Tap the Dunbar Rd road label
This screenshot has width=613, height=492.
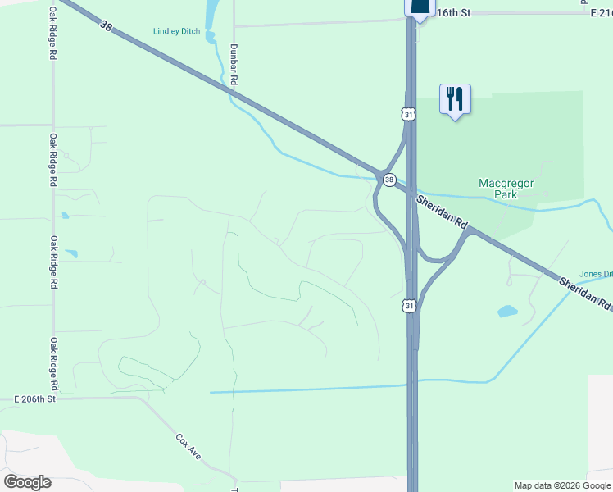(x=235, y=65)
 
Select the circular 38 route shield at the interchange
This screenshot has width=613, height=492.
(x=389, y=180)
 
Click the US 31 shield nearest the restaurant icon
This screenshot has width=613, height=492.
(x=408, y=114)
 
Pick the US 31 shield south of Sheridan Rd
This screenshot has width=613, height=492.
(x=410, y=306)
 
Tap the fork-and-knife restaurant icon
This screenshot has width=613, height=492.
(x=454, y=99)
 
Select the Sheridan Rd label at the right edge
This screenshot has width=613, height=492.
(x=585, y=293)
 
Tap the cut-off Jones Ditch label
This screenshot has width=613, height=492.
(x=596, y=274)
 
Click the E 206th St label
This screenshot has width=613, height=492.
(x=34, y=399)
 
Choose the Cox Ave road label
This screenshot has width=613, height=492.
(x=188, y=444)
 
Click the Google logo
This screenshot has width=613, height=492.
(x=27, y=482)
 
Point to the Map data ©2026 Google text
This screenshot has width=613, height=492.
(x=562, y=485)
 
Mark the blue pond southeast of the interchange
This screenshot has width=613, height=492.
(x=507, y=312)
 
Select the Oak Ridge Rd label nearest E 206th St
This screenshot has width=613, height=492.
(x=54, y=363)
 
